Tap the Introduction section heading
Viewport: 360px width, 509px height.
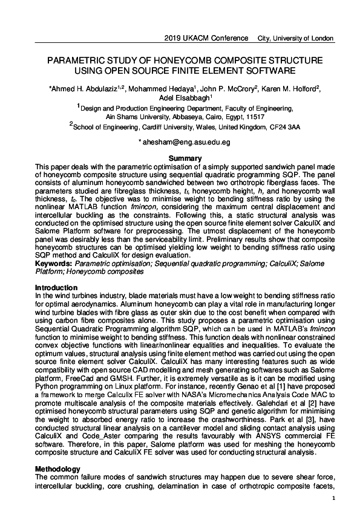coord(56,287)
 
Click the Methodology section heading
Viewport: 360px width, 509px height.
coord(57,469)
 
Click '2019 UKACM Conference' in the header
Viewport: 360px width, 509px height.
coord(206,38)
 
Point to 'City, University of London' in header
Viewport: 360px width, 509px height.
coord(295,38)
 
